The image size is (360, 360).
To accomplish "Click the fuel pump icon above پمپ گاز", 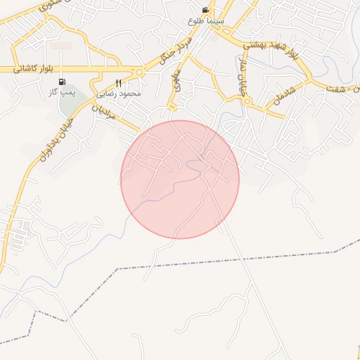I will pyautogui.click(x=62, y=82).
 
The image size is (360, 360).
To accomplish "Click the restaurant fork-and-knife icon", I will pyautogui.click(x=118, y=83).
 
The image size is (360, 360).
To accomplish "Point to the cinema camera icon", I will pyautogui.click(x=205, y=10).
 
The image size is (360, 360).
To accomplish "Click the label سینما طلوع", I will pyautogui.click(x=205, y=21).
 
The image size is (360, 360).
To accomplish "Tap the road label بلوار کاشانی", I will pyautogui.click(x=33, y=69).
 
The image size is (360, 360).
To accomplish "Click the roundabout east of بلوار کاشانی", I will pyautogui.click(x=139, y=71).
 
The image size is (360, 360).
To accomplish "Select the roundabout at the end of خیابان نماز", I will pyautogui.click(x=246, y=101).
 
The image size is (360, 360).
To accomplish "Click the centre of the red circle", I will pyautogui.click(x=180, y=179).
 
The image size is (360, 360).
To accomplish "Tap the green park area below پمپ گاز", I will pyautogui.click(x=71, y=105).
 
